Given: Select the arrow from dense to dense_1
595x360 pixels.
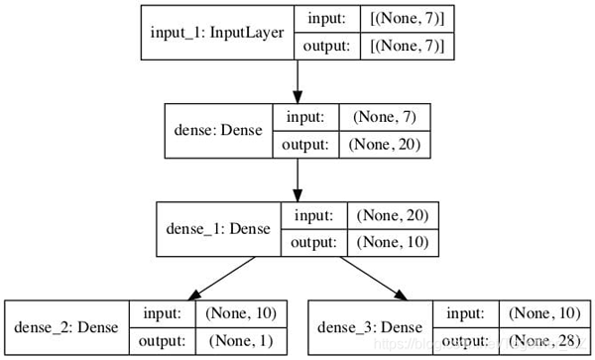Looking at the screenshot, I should [297, 178].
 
